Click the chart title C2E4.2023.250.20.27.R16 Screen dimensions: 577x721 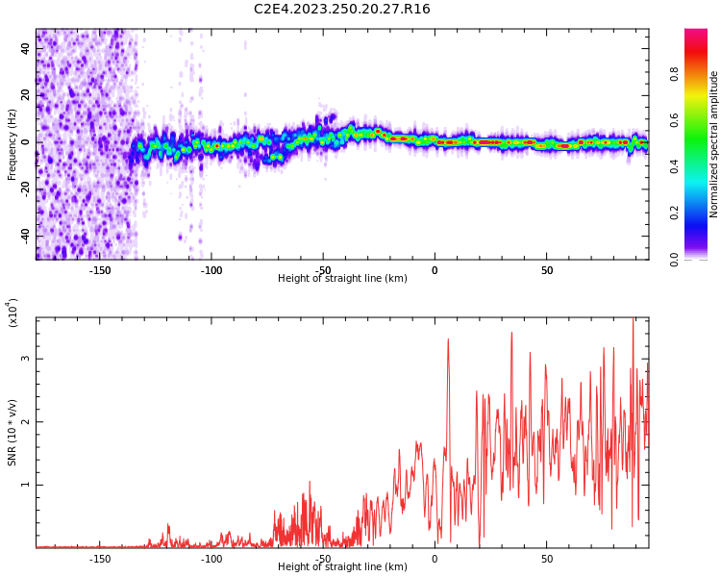[x=342, y=10]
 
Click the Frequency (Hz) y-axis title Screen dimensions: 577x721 [x=12, y=144]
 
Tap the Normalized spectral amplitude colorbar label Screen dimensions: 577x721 [x=714, y=144]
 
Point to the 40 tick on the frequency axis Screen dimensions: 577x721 [x=26, y=49]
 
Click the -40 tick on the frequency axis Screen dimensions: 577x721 [x=24, y=235]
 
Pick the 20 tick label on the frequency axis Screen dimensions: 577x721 [x=26, y=95]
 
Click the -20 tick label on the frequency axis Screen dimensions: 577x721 [x=24, y=188]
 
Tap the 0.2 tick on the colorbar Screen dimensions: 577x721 [x=700, y=213]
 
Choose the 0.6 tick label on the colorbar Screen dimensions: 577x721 [x=700, y=119]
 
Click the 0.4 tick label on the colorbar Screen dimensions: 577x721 [x=700, y=165]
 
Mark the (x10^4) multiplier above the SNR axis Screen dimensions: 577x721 [x=13, y=314]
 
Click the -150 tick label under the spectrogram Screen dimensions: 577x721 [x=100, y=270]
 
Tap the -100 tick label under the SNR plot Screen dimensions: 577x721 [x=211, y=559]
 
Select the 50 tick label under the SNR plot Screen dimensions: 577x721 [x=546, y=559]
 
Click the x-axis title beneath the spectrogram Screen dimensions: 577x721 [x=342, y=279]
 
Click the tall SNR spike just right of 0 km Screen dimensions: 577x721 [x=448, y=340]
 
